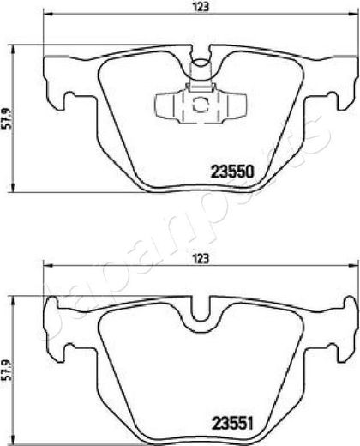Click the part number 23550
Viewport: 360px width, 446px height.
point(232,172)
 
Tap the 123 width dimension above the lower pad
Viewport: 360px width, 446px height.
point(201,259)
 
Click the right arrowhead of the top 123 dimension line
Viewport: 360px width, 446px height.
point(353,14)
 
